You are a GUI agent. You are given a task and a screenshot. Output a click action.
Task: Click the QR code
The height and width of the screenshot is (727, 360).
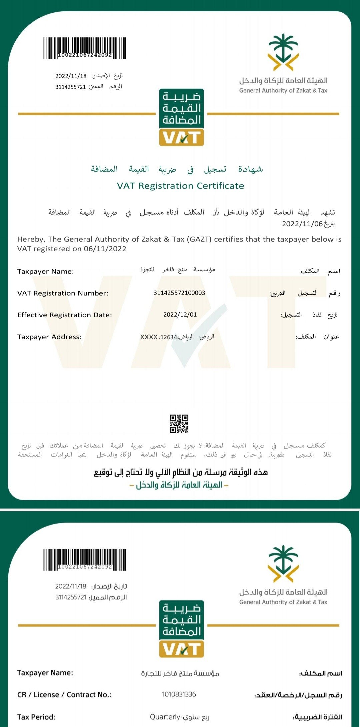tap(179, 424)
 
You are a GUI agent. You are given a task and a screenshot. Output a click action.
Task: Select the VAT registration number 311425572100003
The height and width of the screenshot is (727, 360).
tap(179, 293)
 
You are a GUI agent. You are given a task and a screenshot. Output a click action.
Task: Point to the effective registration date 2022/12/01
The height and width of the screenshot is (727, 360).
tap(180, 315)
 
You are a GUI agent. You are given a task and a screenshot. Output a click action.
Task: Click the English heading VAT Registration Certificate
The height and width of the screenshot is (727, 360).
tap(180, 186)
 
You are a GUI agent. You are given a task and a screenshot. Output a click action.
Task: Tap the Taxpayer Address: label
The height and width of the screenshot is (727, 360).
tap(49, 337)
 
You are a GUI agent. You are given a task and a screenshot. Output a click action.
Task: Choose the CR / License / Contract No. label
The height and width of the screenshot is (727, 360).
tap(64, 695)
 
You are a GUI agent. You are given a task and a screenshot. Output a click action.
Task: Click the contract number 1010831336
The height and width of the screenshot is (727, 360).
tap(179, 694)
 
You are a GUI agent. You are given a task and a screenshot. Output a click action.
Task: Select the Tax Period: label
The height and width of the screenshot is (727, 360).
tap(37, 717)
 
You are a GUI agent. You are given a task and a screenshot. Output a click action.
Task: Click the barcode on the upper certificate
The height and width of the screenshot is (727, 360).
tap(85, 48)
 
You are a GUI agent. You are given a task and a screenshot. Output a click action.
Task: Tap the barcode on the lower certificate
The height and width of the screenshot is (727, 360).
tap(85, 559)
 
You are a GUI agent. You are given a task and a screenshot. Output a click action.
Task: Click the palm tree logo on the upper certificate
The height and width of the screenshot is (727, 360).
tap(283, 52)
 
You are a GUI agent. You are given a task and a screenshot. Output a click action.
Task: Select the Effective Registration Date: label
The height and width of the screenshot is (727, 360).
tap(65, 315)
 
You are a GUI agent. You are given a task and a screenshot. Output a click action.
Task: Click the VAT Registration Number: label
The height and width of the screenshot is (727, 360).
tap(63, 293)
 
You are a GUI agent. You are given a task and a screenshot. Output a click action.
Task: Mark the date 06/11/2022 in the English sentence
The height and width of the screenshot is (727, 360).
tap(105, 249)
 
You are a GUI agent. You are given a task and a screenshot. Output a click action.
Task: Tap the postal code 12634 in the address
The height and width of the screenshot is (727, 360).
tap(169, 337)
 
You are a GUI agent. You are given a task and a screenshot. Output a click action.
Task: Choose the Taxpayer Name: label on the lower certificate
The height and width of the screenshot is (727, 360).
tap(45, 673)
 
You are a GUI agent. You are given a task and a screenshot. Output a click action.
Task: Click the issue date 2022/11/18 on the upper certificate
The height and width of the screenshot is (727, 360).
tap(71, 76)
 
